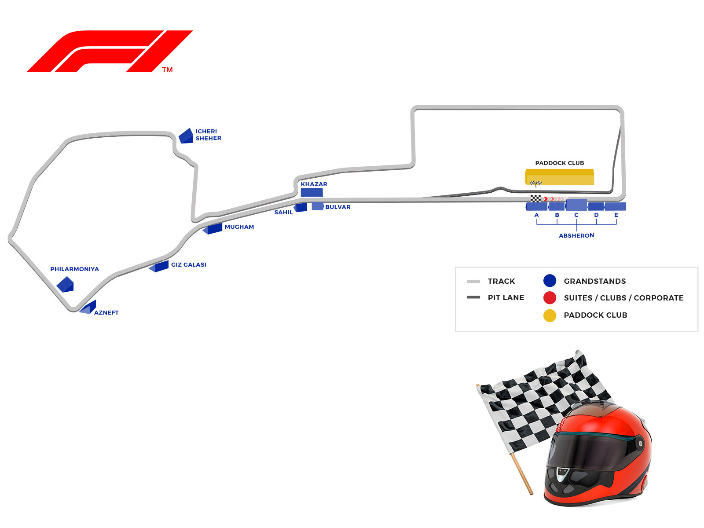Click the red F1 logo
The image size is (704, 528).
110,51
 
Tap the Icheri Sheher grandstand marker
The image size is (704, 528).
186,136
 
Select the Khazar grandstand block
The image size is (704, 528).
312,192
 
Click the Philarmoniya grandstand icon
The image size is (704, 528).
65,284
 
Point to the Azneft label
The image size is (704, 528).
106,313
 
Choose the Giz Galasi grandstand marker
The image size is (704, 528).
159,267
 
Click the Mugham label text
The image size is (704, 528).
239,227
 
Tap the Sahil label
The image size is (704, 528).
283,213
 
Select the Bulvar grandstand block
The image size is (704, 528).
318,206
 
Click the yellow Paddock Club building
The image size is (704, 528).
560,177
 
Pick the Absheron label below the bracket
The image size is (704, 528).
576,236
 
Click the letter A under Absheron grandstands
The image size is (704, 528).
536,215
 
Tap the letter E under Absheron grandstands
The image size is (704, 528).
616,215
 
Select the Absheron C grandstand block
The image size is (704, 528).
576,205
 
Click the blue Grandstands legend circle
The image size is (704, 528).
550,281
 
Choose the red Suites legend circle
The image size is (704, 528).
550,298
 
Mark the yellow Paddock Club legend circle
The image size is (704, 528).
550,315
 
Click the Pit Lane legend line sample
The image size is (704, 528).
473,297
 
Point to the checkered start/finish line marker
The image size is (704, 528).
535,199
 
